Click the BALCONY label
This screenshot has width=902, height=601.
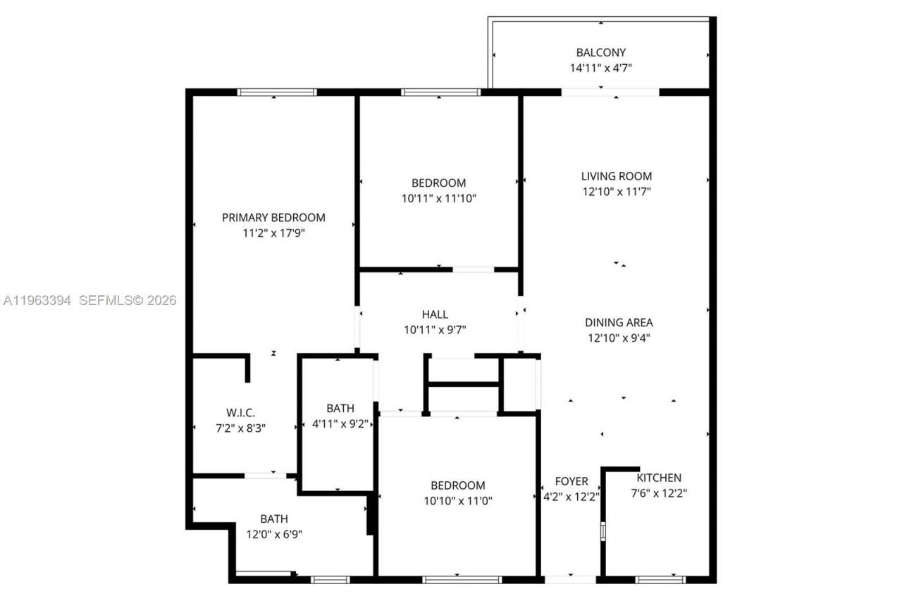(x=600, y=52)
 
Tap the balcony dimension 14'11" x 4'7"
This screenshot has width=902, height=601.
(x=600, y=68)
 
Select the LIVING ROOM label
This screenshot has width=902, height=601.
(x=616, y=176)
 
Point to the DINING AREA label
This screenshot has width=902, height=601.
(x=619, y=322)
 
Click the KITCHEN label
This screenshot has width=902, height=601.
(x=659, y=478)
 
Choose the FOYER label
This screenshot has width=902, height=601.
(x=571, y=481)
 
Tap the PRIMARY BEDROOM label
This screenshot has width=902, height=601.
(x=273, y=217)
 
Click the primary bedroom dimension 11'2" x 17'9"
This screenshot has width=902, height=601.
(x=273, y=233)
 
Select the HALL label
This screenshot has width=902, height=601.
(x=435, y=314)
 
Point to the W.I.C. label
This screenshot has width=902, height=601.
(x=240, y=412)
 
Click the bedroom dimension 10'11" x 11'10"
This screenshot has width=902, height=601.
(x=439, y=199)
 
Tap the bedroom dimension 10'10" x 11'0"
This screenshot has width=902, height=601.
(x=457, y=501)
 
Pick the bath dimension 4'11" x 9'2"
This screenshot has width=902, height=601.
(x=340, y=424)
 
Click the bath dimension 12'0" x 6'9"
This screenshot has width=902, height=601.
(x=274, y=534)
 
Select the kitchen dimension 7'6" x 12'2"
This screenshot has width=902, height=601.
(x=659, y=493)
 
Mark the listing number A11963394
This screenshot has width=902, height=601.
(x=37, y=301)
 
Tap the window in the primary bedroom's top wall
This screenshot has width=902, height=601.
(x=276, y=92)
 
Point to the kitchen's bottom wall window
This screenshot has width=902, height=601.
(x=660, y=579)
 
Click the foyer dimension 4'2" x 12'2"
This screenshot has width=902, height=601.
(x=571, y=496)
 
